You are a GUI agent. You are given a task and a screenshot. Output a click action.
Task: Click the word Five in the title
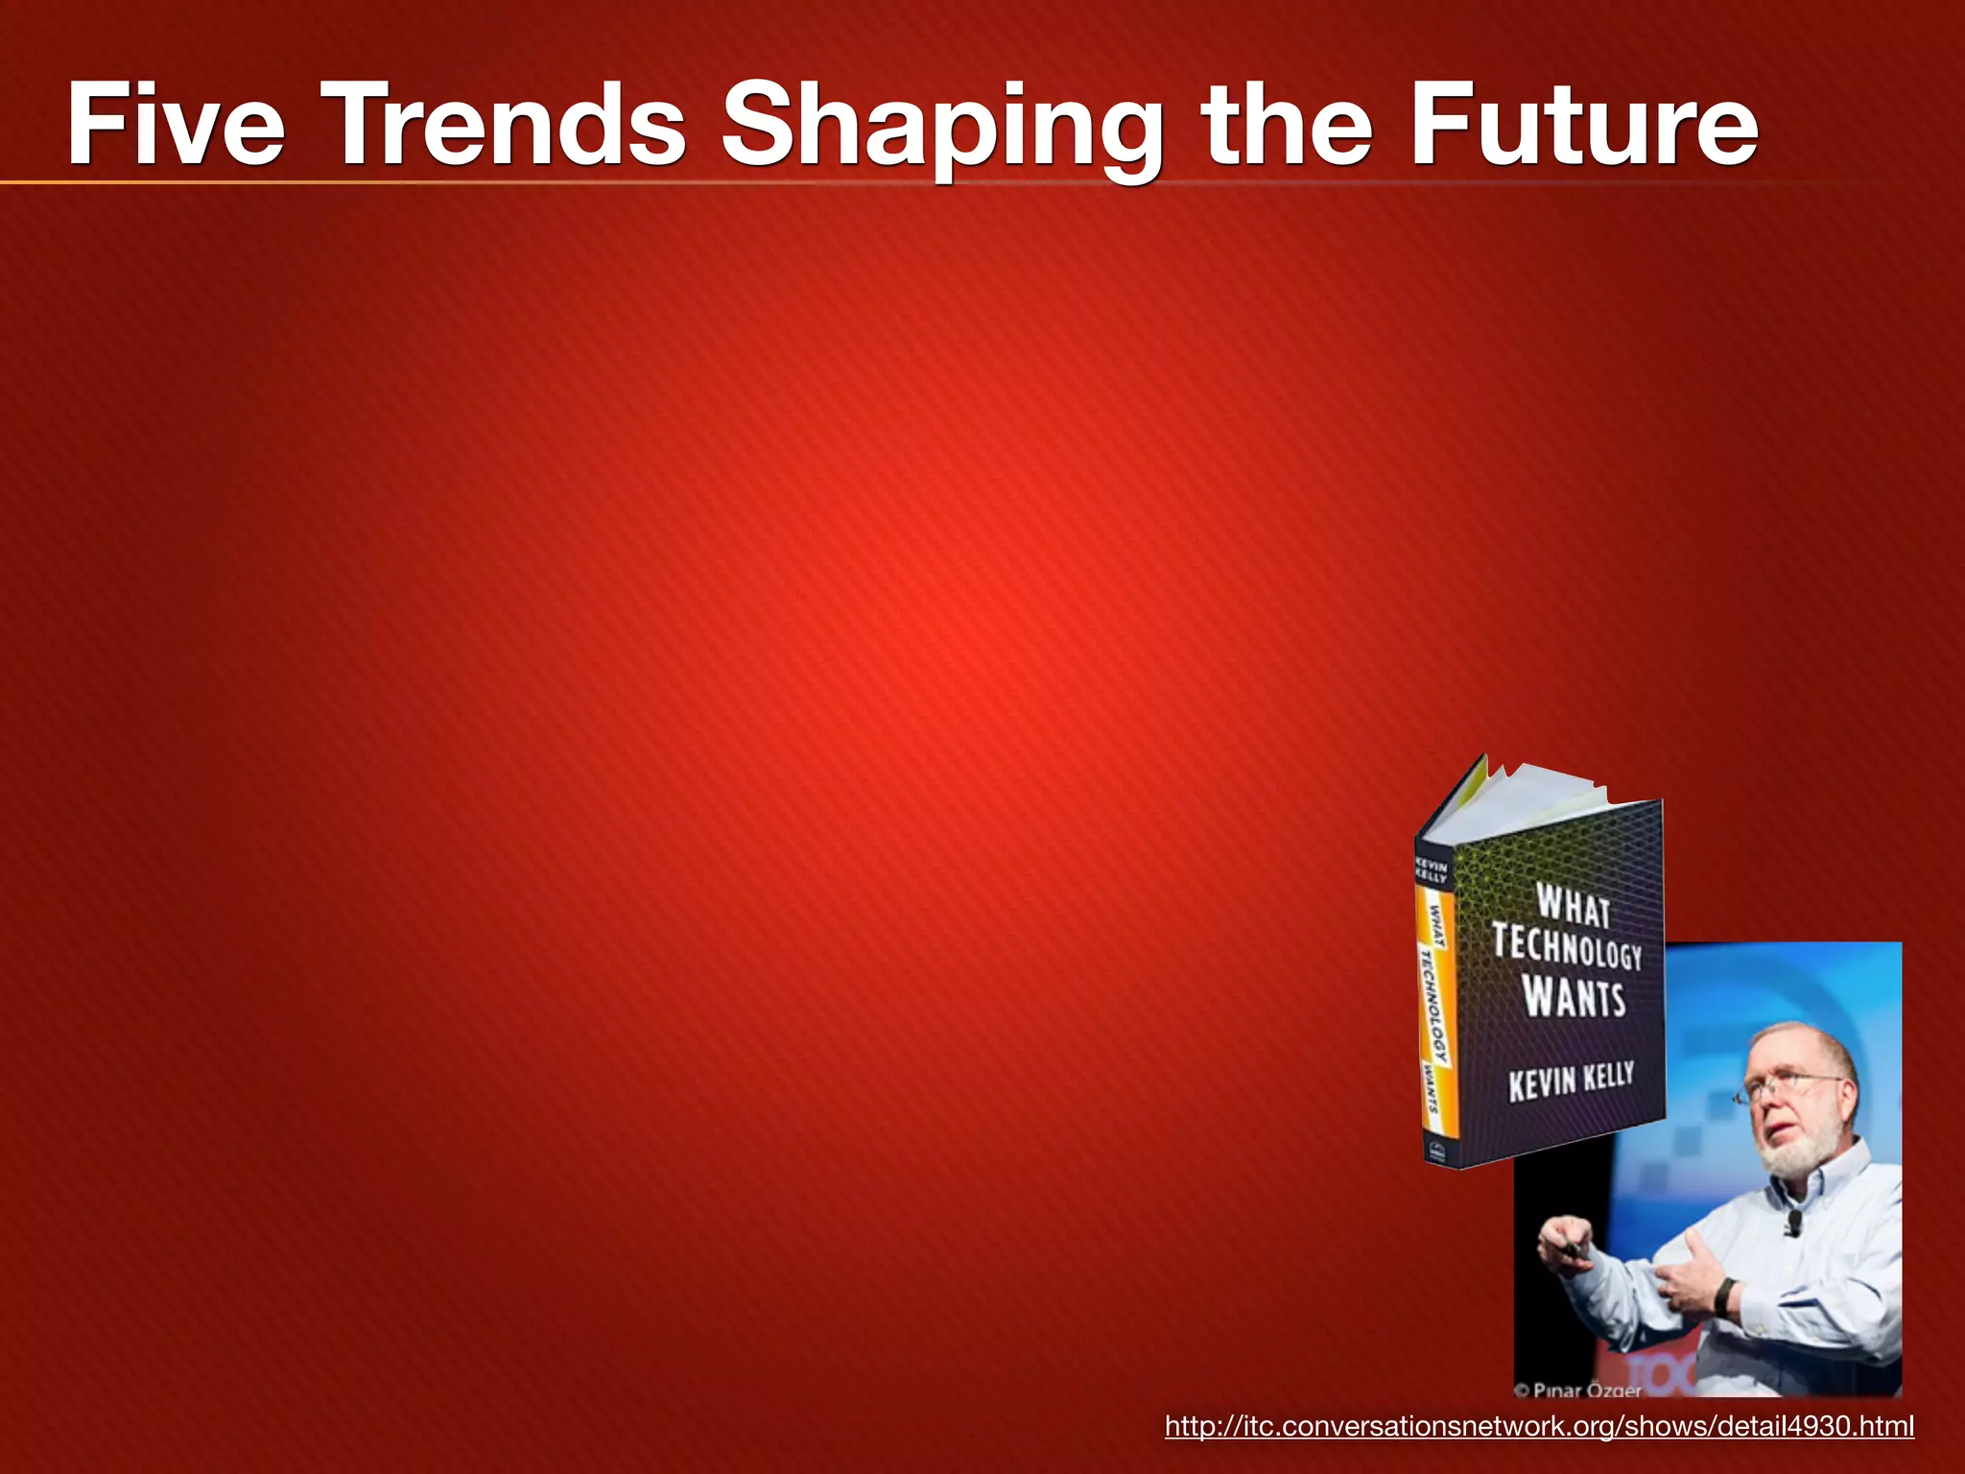click(176, 126)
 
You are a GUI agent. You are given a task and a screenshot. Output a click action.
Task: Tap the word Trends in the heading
click(509, 126)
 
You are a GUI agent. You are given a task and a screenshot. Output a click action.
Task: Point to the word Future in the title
click(1583, 126)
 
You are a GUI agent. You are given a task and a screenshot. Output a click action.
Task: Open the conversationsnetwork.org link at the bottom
click(1539, 1426)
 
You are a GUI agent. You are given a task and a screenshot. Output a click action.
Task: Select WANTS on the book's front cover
click(1574, 997)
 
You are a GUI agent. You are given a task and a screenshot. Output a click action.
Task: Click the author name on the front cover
click(1571, 1082)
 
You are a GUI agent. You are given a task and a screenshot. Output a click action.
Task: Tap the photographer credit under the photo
click(1578, 1390)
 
